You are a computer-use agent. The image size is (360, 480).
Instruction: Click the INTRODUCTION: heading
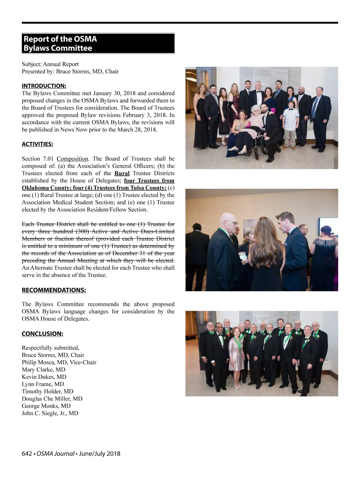point(44,86)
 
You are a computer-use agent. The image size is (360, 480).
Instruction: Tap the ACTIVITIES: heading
point(37,144)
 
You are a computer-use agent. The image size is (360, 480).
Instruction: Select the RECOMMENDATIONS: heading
point(54,290)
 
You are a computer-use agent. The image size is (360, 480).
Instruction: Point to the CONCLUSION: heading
point(42,334)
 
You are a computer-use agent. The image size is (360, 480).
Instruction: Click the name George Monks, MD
point(46,406)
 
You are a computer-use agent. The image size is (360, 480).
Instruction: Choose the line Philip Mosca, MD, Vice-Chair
point(59,362)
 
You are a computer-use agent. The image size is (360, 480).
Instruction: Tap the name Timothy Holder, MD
point(47,391)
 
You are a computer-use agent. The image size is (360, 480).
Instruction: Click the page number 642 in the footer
point(27,454)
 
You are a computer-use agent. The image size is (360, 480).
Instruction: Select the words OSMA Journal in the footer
point(55,454)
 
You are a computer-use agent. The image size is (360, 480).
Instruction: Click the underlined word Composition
point(72,159)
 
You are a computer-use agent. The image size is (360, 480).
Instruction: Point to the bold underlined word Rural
point(122,173)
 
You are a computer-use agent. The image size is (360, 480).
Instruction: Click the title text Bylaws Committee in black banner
point(58,48)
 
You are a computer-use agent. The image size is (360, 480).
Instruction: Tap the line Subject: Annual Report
point(50,64)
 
